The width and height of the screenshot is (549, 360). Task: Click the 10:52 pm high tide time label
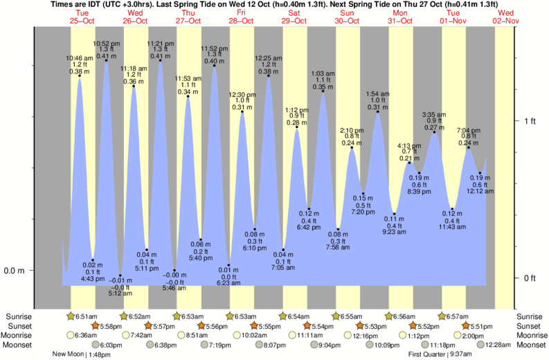pos(106,42)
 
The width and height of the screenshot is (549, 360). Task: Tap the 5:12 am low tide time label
pos(120,293)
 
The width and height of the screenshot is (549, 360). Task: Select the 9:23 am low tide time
pos(395,233)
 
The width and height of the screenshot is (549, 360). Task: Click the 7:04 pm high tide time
pos(468,129)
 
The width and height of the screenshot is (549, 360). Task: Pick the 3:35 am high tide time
pos(434,114)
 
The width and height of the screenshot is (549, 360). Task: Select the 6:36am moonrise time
pos(85,335)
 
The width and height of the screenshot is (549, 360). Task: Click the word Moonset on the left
pos(22,345)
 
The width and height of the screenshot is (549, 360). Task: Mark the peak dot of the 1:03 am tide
pos(323,91)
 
